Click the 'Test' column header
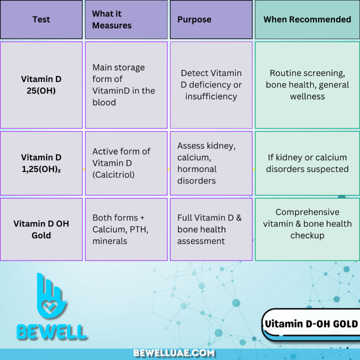[x=41, y=19]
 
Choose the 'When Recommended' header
[x=307, y=19]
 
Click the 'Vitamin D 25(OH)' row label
[x=41, y=85]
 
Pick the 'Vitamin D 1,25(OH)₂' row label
[x=41, y=163]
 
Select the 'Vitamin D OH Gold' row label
[x=41, y=229]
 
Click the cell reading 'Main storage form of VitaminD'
[x=126, y=85]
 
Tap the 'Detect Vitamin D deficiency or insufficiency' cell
[x=211, y=85]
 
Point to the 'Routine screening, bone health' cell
[x=307, y=85]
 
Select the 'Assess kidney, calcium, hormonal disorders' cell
[x=211, y=163]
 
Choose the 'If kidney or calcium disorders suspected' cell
[x=307, y=163]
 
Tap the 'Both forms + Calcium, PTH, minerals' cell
[x=126, y=229]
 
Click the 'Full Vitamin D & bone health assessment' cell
[x=211, y=229]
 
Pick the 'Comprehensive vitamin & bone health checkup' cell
[x=307, y=223]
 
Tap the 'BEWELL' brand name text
[x=52, y=331]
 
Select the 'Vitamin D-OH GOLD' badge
[x=311, y=324]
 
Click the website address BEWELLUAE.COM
[x=174, y=353]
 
